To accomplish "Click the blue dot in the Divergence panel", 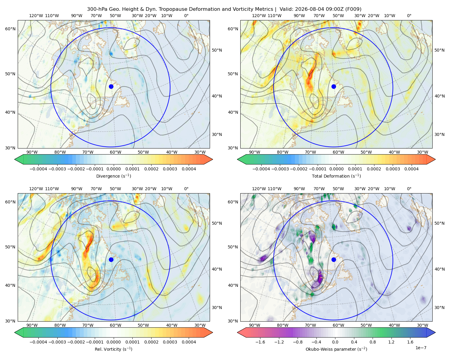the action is click(111, 86).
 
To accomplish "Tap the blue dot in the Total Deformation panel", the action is click(334, 86).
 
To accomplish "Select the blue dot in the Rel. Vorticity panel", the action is click(111, 259).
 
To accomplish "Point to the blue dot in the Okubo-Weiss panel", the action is click(334, 259).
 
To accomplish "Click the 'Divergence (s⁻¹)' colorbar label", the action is click(113, 176).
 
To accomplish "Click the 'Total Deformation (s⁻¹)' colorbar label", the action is click(336, 176).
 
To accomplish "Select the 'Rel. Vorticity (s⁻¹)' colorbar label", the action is click(113, 349).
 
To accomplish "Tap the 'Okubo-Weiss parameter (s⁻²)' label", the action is click(336, 349).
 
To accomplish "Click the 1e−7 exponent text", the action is click(421, 348).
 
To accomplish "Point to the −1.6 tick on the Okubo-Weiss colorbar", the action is click(260, 342).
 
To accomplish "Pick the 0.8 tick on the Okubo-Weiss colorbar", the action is click(373, 342).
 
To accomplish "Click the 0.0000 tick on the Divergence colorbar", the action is click(113, 169).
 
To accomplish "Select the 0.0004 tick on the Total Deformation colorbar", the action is click(411, 169).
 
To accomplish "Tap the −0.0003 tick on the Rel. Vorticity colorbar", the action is click(57, 342).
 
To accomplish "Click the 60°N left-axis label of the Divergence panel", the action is click(10, 29).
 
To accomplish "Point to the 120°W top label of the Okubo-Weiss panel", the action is click(259, 189).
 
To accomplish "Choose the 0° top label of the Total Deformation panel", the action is click(409, 16).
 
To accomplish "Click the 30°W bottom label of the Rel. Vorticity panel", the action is click(200, 325).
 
